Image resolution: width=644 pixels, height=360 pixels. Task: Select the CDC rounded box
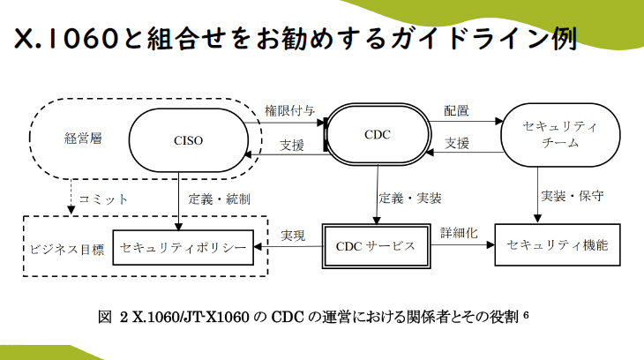tap(377, 135)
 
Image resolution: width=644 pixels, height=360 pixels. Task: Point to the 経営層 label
tap(83, 138)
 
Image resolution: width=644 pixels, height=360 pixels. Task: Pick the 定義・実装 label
tap(410, 198)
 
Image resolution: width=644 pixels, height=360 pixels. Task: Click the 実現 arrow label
tap(293, 236)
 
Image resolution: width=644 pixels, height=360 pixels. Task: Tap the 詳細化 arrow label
tap(459, 233)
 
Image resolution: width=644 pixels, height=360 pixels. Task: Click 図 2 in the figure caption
tap(112, 315)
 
